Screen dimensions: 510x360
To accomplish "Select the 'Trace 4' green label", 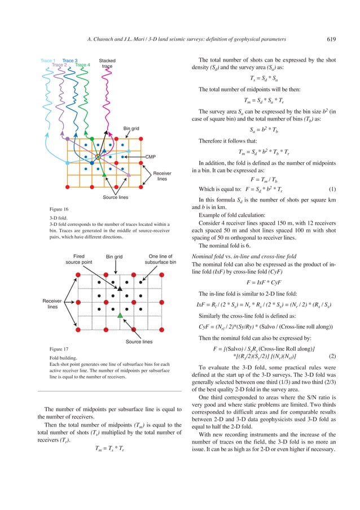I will pyautogui.click(x=82, y=65).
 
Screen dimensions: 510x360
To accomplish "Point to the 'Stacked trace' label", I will pyautogui.click(x=107, y=63).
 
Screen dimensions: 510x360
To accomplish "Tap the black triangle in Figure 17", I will pyautogui.click(x=120, y=289).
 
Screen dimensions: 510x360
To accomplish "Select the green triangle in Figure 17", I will pyautogui.click(x=120, y=315).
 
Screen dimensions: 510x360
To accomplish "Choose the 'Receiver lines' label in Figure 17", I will pyautogui.click(x=52, y=304).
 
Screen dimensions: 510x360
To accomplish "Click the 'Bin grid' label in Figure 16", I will pyautogui.click(x=131, y=129).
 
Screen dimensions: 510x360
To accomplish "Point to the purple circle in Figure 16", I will pyautogui.click(x=68, y=138).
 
